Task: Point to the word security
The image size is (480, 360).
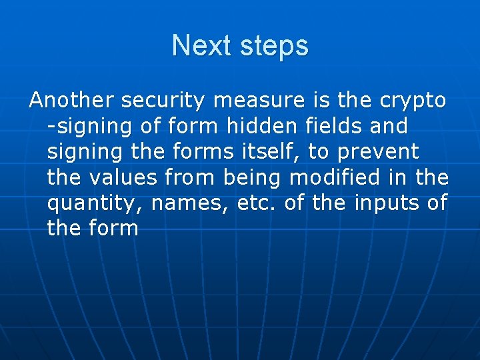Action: (165, 101)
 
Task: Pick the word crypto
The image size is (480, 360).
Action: (413, 101)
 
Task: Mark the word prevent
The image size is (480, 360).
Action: (378, 152)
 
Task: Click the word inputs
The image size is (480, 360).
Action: (387, 203)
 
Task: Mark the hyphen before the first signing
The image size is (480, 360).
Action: (51, 127)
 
